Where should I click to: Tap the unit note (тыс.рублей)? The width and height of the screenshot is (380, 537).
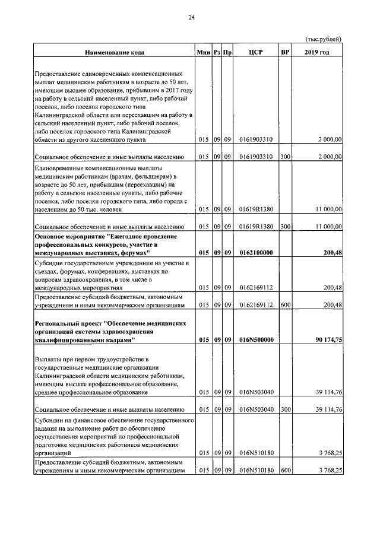tap(324, 39)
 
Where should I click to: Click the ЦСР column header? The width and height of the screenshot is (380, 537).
tap(256, 52)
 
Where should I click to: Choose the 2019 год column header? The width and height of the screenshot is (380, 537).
tap(317, 52)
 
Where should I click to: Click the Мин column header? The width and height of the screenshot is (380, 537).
tap(204, 52)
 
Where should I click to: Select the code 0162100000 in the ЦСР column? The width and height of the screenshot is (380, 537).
tap(256, 252)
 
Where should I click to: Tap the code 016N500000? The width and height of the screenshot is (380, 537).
tap(256, 340)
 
